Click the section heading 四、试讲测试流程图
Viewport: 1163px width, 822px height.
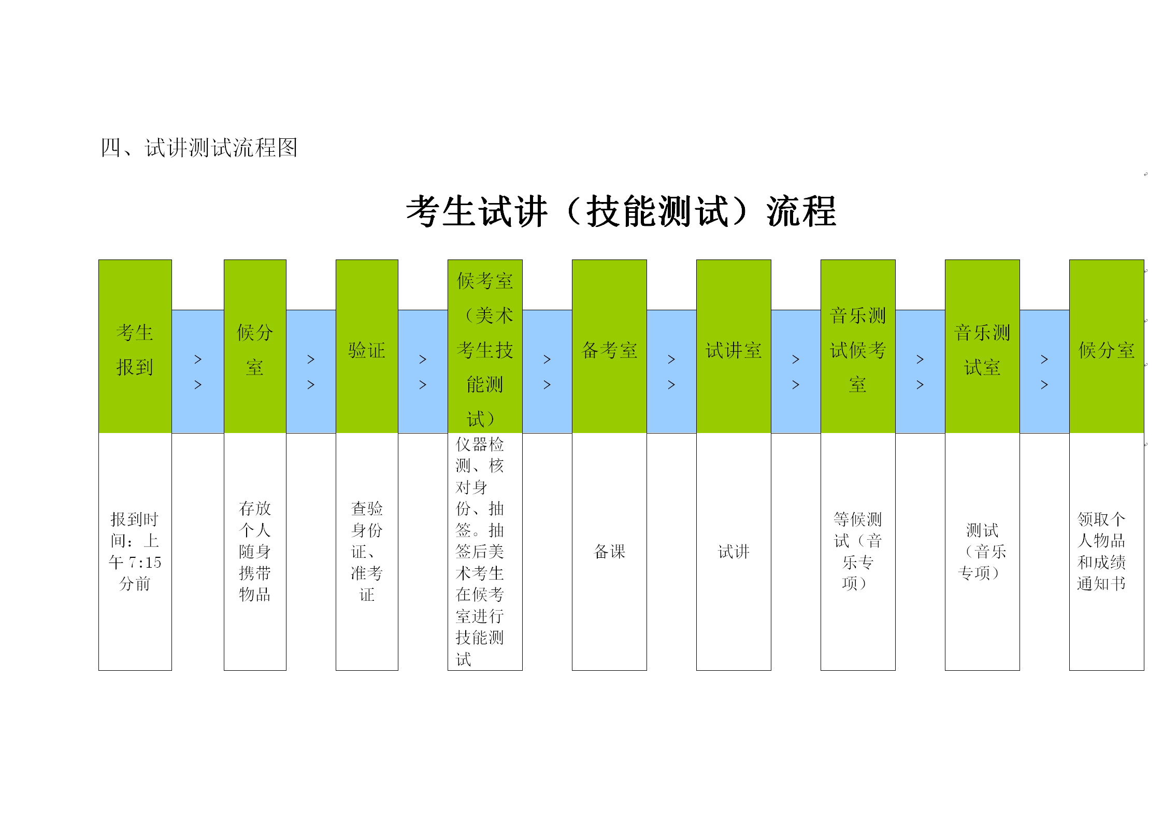(199, 148)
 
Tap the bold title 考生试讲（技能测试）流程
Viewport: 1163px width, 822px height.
(621, 211)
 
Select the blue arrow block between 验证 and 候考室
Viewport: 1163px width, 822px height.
(423, 371)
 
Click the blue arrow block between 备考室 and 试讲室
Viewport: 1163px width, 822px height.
(671, 371)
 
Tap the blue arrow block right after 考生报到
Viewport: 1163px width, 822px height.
(198, 371)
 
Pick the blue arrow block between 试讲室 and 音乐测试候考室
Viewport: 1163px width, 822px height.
(796, 371)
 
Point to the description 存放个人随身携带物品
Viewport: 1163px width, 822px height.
(255, 551)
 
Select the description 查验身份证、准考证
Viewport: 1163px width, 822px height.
(367, 551)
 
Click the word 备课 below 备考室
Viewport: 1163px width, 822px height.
(609, 552)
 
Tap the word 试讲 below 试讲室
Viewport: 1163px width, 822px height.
(734, 552)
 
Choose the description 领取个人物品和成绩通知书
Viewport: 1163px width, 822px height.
(1101, 551)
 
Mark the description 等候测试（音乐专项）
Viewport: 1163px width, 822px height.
(858, 551)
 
